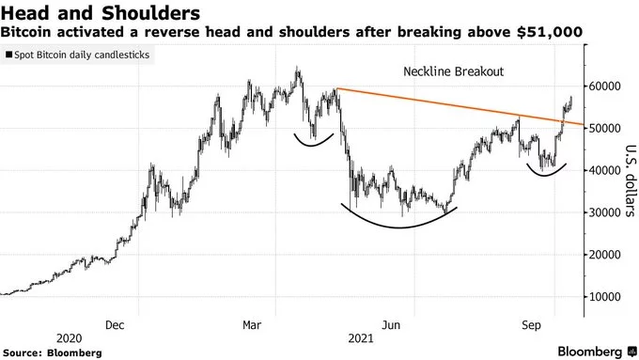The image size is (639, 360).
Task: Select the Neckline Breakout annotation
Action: tap(454, 71)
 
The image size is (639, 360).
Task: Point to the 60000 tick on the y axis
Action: tap(609, 86)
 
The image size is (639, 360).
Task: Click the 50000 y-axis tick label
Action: tap(609, 128)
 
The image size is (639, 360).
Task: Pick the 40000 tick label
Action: tap(609, 170)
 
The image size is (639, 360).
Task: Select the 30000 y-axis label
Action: tap(609, 212)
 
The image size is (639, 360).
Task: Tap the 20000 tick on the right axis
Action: tap(609, 255)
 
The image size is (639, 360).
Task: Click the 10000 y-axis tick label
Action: tap(609, 297)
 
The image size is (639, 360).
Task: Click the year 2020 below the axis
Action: tap(69, 337)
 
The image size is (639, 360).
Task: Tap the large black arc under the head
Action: tap(399, 227)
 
